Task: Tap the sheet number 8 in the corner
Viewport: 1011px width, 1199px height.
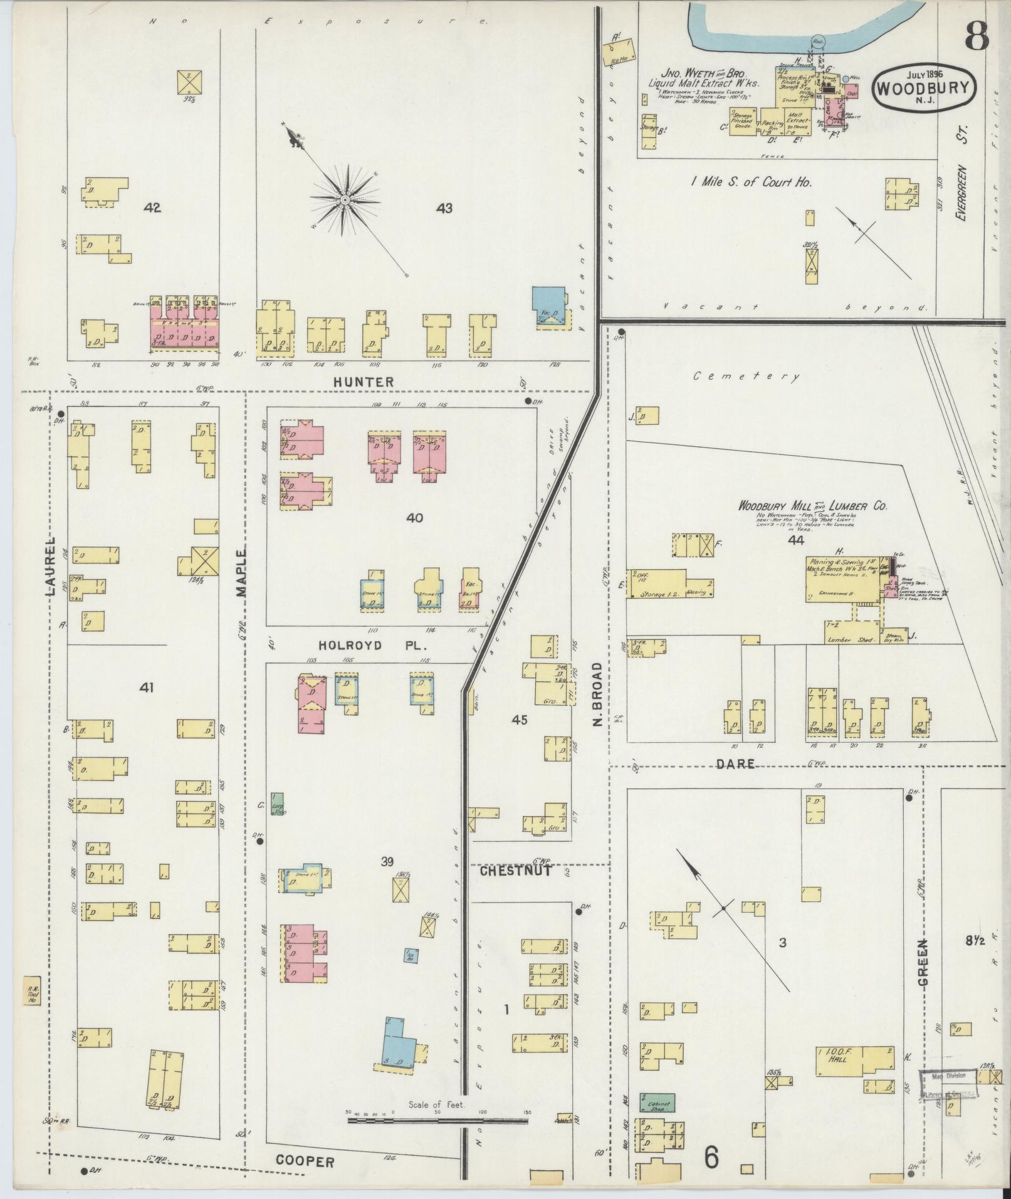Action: (x=977, y=36)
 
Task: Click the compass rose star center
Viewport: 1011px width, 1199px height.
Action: (x=344, y=199)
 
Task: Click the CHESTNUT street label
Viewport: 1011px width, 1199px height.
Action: (x=516, y=871)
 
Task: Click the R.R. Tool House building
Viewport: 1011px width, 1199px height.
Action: (x=31, y=1008)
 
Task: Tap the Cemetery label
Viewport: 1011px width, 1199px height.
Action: (x=746, y=377)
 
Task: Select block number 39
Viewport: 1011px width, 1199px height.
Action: (x=387, y=862)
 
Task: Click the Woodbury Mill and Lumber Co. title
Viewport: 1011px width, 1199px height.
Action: (x=812, y=505)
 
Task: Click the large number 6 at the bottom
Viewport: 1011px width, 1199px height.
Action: (x=711, y=1158)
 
